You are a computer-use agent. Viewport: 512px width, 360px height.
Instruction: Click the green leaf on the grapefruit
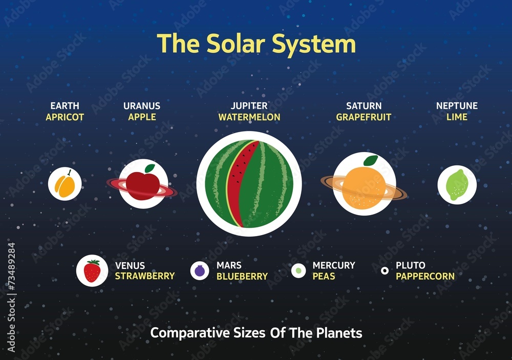pos(371,160)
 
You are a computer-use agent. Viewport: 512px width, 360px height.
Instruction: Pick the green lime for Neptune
pos(456,185)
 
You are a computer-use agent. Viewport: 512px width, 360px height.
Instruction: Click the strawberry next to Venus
pos(92,271)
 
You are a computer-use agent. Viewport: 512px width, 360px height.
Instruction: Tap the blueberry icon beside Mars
pos(200,270)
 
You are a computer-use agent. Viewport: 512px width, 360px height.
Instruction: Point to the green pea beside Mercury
pos(298,270)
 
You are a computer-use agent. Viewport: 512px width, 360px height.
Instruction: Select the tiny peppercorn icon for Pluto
pos(385,270)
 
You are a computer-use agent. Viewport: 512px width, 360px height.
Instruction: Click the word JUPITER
pos(249,106)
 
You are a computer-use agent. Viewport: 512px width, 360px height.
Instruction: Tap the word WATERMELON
pos(249,117)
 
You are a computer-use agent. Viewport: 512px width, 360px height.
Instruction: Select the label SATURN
pos(364,106)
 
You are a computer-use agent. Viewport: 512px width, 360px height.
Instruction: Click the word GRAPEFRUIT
pos(364,117)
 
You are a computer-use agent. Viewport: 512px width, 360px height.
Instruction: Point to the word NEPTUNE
pos(457,106)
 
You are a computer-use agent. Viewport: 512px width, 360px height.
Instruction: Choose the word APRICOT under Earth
pos(65,117)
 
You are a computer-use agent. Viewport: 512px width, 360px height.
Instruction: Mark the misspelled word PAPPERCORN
pos(425,277)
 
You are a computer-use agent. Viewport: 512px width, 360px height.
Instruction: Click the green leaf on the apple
pos(150,168)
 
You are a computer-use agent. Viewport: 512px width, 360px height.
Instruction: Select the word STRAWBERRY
pos(144,277)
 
